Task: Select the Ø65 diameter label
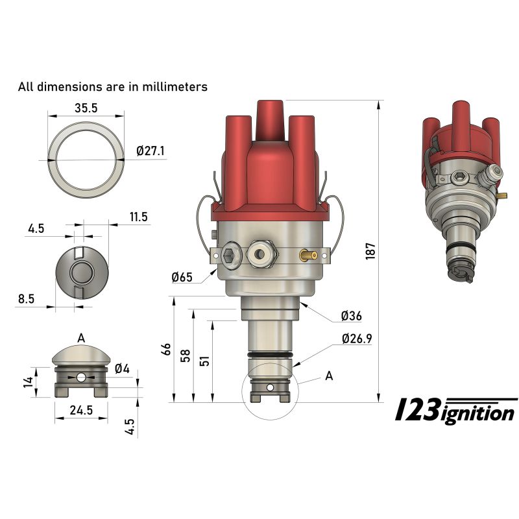click(x=182, y=278)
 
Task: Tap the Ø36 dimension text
click(x=351, y=317)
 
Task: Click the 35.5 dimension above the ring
click(x=86, y=109)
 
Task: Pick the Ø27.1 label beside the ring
click(x=151, y=151)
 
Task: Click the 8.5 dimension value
click(x=27, y=299)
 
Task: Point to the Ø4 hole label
click(x=123, y=369)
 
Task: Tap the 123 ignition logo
click(x=456, y=411)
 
